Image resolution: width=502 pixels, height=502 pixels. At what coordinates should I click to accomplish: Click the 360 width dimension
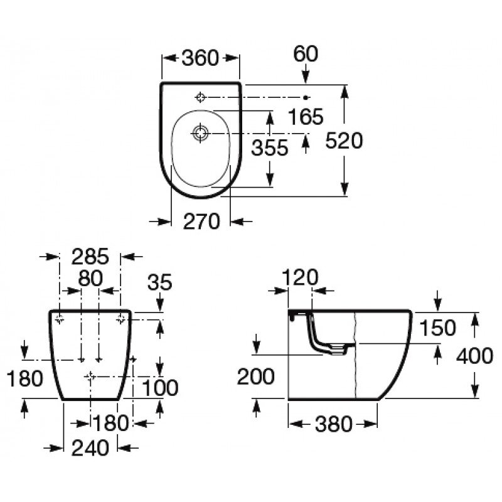200,58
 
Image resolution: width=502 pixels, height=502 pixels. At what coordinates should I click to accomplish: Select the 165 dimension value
306,116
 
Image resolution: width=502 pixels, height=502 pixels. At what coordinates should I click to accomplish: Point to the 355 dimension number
270,147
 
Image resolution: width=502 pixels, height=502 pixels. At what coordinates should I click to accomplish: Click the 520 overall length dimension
344,141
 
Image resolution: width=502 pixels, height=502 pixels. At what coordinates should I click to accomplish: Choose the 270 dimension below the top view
201,222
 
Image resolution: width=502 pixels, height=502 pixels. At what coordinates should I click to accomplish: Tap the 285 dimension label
90,257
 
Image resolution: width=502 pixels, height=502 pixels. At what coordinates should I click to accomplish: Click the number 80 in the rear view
90,278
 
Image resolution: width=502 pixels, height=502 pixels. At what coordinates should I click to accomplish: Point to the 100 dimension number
160,388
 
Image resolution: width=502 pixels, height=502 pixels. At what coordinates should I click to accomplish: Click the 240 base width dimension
90,448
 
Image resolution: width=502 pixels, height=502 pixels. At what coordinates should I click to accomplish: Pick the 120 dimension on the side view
301,277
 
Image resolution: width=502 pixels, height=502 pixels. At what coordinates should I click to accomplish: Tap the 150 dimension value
437,328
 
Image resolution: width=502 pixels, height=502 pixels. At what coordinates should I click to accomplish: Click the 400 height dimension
474,356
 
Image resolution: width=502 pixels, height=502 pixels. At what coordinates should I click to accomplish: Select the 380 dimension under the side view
334,425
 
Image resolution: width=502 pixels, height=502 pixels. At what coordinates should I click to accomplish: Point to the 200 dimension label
256,376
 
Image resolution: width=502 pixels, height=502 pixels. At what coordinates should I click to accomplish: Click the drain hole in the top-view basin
200,133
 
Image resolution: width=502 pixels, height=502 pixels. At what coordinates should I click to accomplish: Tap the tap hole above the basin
200,97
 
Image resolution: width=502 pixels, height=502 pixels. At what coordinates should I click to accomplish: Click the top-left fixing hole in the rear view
60,319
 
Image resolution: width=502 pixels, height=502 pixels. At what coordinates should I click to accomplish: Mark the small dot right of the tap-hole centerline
306,97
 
